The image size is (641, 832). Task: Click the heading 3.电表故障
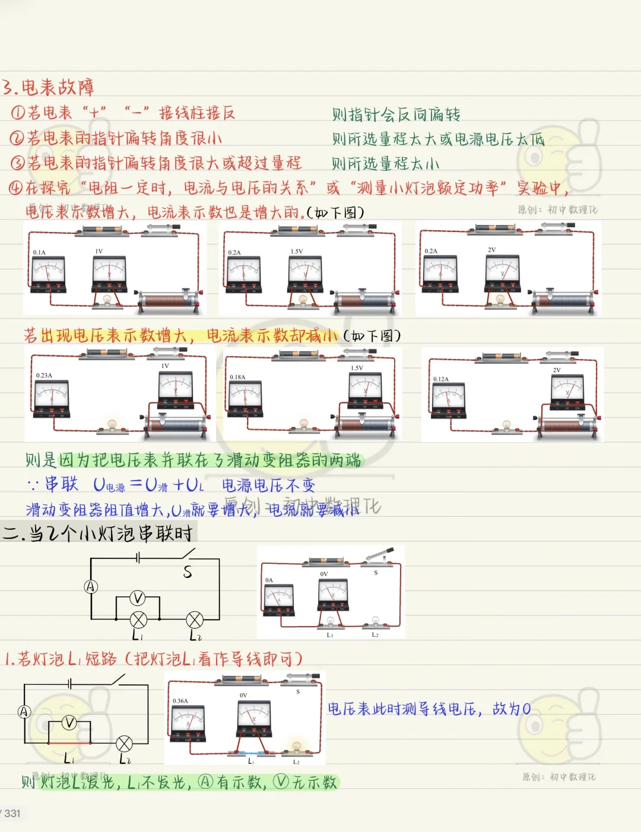48,87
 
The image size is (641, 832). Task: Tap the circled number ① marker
18,112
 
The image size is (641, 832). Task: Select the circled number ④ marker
15,188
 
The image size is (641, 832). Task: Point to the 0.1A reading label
39,253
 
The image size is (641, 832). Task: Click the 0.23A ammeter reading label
44,376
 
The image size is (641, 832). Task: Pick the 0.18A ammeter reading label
237,377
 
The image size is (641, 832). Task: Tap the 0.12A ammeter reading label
441,379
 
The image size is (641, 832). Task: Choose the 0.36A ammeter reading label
180,701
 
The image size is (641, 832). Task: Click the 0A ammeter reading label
269,580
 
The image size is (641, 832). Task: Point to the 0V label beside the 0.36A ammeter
243,695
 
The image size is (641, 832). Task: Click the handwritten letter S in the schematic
188,572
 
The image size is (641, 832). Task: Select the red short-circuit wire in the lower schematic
69,742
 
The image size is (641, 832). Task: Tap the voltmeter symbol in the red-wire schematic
69,723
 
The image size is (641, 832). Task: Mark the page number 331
12,813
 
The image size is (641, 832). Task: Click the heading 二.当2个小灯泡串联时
98,533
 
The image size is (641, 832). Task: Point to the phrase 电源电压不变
268,485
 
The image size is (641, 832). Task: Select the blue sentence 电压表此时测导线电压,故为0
429,709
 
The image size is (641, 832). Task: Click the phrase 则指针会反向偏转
396,114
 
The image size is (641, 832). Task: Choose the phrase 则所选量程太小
385,163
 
